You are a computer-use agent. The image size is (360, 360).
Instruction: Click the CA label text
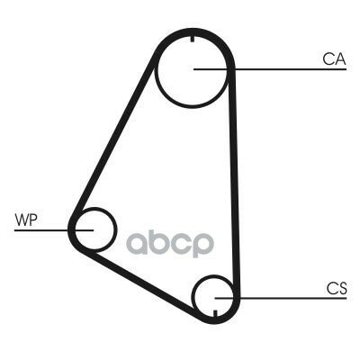point(334,59)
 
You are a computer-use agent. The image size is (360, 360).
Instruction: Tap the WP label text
point(26,220)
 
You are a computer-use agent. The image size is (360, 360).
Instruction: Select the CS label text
point(337,289)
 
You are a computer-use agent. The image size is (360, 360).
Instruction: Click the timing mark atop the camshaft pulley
point(193,39)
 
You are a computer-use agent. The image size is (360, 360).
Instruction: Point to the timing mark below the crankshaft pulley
point(215,313)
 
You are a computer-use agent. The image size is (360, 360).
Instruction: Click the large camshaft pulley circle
point(155,71)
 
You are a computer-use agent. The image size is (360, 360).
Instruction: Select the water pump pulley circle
point(115,229)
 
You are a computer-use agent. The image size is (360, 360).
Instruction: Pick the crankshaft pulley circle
point(193,295)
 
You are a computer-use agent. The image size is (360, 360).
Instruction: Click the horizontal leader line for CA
point(270,69)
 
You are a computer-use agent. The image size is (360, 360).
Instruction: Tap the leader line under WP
point(54,230)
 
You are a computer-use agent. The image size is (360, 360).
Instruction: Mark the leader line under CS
point(281,298)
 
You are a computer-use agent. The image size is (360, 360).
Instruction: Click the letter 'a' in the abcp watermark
point(137,243)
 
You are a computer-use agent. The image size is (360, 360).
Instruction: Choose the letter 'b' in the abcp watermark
point(159,241)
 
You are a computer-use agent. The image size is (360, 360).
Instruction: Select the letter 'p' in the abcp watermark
point(203,246)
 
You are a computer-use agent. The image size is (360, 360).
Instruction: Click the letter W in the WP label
point(22,220)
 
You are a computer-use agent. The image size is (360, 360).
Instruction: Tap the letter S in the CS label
point(342,289)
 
